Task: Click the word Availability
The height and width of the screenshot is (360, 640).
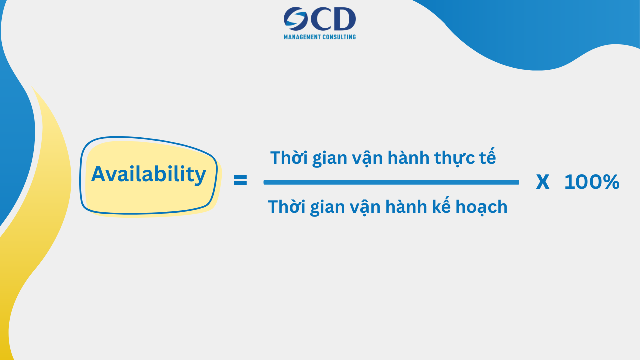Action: [x=148, y=174]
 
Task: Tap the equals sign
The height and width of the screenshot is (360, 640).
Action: [x=240, y=180]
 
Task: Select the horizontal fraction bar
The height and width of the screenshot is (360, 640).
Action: [x=391, y=182]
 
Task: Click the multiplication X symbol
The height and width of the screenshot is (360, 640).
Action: [x=542, y=183]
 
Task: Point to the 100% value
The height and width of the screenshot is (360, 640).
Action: [x=592, y=183]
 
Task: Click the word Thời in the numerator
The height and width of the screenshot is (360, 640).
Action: [x=289, y=158]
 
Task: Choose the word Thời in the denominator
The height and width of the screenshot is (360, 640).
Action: [x=286, y=207]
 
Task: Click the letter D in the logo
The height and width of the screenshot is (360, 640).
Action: [x=343, y=19]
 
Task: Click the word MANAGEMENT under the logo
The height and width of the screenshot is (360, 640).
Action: [x=302, y=37]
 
